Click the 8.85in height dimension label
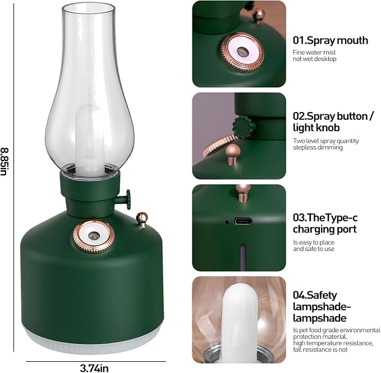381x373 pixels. point(5,162)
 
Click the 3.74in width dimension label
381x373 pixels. point(94,368)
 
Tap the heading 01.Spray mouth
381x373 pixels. point(330,40)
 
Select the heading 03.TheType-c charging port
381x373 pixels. point(325,223)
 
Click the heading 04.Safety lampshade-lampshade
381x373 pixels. point(322,306)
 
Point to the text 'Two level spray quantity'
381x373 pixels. point(325,141)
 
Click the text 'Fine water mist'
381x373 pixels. point(314,53)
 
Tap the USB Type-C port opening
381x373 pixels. point(243,221)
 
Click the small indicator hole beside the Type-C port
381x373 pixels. point(227,222)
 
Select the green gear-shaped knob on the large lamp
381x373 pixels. point(127,199)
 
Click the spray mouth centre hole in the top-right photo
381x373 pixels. point(242,52)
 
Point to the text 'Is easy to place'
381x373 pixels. point(314,243)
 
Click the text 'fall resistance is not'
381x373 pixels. point(320,349)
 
